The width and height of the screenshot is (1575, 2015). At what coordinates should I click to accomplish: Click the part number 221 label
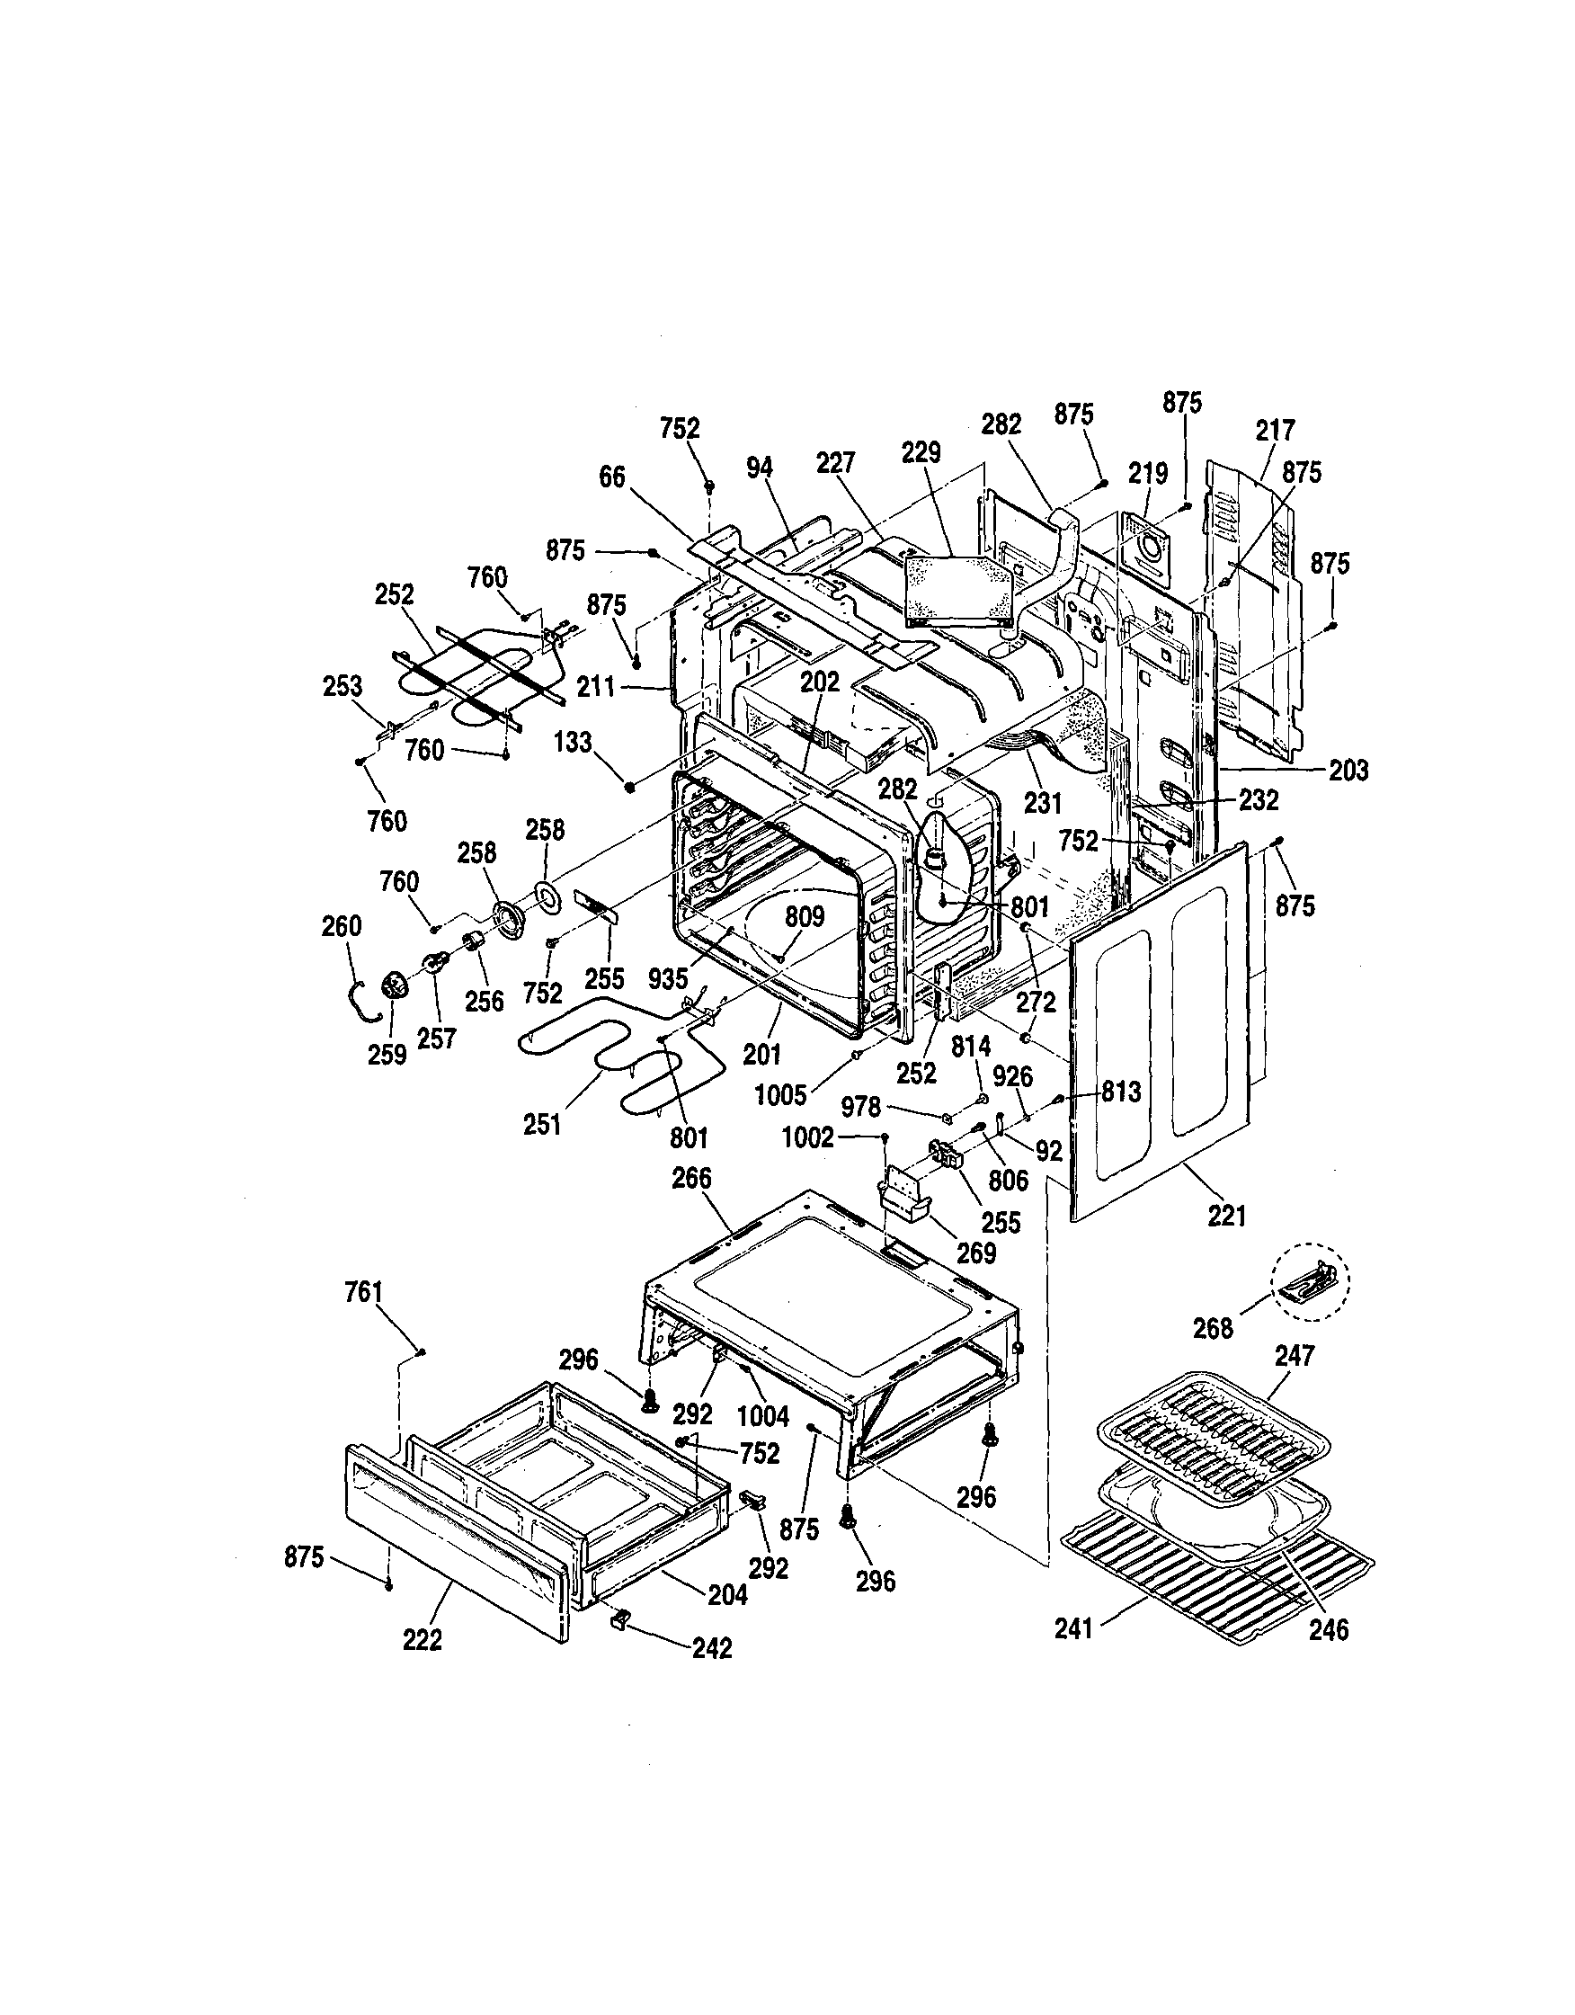pos(1227,1216)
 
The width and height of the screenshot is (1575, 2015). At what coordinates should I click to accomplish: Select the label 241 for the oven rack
pos(1074,1628)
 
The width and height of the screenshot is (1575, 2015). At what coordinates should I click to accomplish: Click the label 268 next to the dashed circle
pos(1213,1328)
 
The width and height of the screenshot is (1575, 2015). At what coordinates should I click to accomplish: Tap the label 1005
pos(779,1095)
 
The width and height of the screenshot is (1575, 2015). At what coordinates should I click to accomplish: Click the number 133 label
pos(573,742)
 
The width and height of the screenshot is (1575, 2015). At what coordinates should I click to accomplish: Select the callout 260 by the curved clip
pos(341,925)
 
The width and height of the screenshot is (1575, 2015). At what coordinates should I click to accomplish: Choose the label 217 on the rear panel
pos(1275,430)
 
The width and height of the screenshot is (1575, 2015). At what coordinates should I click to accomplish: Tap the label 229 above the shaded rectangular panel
pos(921,453)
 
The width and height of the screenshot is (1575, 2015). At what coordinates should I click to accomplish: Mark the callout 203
pos(1348,770)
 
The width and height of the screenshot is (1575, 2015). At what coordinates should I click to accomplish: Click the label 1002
pos(808,1137)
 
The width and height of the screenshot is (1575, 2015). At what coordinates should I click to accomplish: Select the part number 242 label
pos(711,1648)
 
